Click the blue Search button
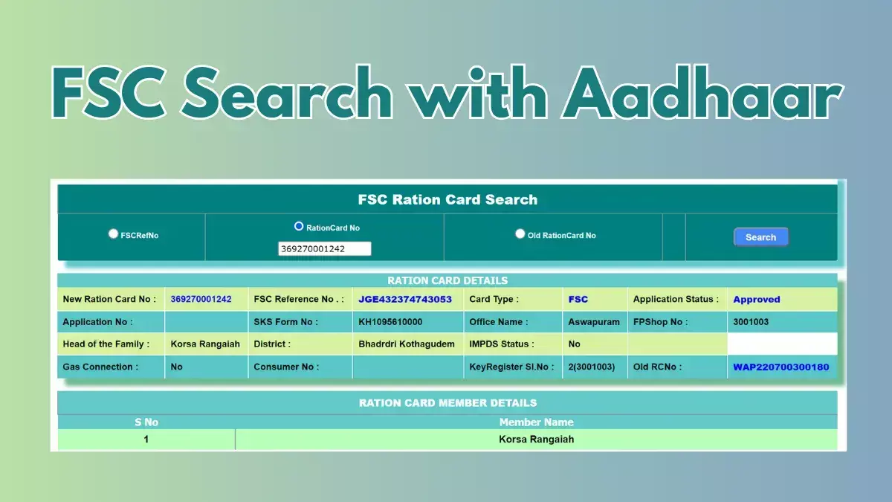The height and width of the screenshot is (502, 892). (760, 237)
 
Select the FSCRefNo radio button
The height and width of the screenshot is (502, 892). (113, 234)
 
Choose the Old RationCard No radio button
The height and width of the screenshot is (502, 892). (520, 234)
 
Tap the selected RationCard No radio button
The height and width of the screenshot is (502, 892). (299, 226)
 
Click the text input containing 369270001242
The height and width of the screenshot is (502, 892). (324, 249)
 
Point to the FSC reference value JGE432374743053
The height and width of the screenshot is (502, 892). (405, 300)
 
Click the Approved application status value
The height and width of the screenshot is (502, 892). (756, 300)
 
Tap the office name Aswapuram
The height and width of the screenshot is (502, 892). (594, 322)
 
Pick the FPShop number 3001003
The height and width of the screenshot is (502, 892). (751, 322)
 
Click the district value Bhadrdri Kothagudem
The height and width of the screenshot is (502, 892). (406, 344)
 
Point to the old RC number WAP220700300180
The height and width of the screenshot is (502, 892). (780, 367)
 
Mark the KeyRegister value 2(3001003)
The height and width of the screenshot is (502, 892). (591, 367)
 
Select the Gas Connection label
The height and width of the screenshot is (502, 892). (100, 367)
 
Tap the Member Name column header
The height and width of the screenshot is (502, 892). (536, 422)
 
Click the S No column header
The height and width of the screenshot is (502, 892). (146, 422)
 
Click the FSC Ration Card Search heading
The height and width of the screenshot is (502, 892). (447, 199)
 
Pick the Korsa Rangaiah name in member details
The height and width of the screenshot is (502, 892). (536, 439)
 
